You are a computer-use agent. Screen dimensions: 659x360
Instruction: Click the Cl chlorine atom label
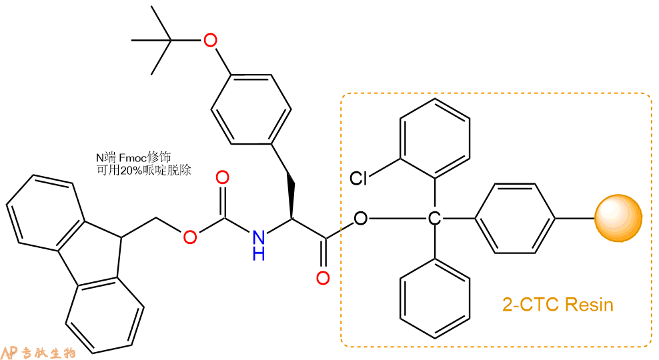[x=358, y=178]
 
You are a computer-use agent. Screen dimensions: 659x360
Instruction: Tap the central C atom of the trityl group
[x=434, y=219]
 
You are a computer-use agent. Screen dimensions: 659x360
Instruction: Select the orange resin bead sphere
[x=618, y=218]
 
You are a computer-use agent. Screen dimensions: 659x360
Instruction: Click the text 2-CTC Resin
[x=558, y=305]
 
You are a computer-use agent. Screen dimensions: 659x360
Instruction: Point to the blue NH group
[x=259, y=245]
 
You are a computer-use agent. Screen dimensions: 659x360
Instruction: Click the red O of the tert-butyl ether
[x=210, y=41]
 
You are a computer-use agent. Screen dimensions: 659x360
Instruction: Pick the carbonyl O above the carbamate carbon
[x=222, y=178]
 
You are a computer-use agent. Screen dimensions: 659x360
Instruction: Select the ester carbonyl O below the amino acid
[x=323, y=278]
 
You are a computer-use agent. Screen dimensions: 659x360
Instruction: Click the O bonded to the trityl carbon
[x=361, y=219]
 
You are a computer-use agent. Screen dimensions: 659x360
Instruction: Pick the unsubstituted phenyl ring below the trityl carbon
[x=435, y=298]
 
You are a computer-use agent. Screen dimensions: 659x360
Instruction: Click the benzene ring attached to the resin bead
[x=515, y=219]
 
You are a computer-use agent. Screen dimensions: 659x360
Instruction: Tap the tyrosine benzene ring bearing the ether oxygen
[x=251, y=109]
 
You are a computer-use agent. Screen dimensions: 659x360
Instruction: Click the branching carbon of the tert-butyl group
[x=171, y=40]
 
